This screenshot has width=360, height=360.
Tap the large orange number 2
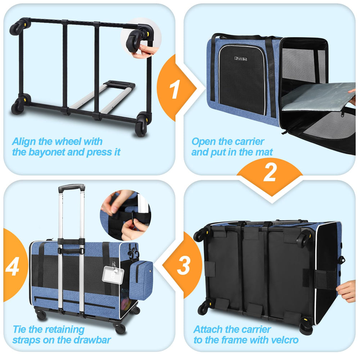[270, 173]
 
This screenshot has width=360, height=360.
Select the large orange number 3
[183, 266]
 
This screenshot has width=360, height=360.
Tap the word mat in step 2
[265, 152]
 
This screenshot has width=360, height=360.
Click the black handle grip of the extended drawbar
[72, 188]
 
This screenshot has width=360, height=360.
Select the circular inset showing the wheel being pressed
[141, 37]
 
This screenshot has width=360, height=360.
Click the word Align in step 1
[25, 141]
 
